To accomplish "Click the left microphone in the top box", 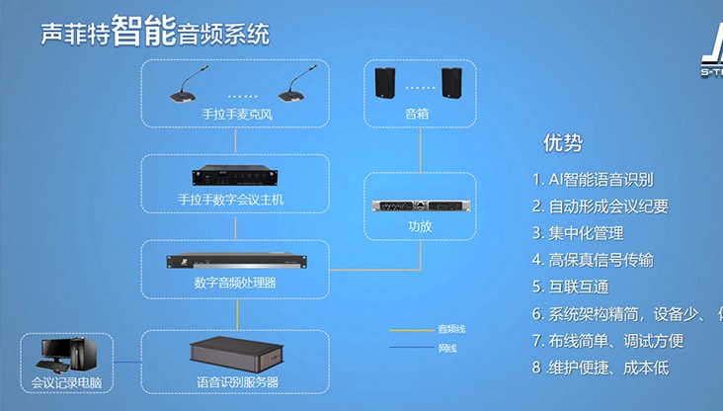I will click(x=185, y=87).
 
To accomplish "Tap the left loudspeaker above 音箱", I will click(x=385, y=83).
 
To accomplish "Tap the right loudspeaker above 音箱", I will click(x=452, y=83).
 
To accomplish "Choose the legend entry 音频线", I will click(x=449, y=328).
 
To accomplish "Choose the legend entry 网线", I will click(x=446, y=349).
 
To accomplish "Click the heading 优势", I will click(x=562, y=143).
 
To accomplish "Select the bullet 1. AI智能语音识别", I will click(x=593, y=180).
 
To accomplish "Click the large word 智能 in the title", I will click(x=144, y=31).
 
